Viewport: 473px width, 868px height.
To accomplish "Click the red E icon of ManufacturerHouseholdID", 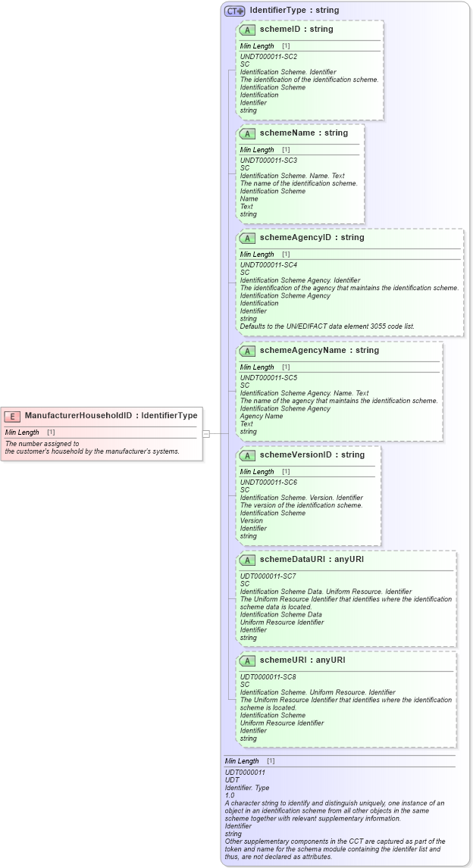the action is [12, 415].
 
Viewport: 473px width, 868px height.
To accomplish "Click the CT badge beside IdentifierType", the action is [234, 11].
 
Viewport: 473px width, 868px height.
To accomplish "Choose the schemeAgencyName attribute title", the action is [319, 350].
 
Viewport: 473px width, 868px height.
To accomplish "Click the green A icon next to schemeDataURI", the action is [247, 560].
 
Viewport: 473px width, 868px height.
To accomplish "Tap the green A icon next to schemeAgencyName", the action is [247, 351].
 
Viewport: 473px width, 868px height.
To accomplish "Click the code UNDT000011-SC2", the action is [268, 57].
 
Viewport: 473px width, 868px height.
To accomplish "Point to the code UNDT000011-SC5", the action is [268, 378].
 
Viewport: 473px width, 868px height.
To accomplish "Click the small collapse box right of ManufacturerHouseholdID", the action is [205, 433].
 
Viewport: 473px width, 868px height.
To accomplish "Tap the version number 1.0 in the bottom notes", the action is [230, 795].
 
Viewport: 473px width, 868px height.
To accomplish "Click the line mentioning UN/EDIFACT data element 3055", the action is [327, 326].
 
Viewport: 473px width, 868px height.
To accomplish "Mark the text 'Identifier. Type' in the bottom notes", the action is [247, 788].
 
